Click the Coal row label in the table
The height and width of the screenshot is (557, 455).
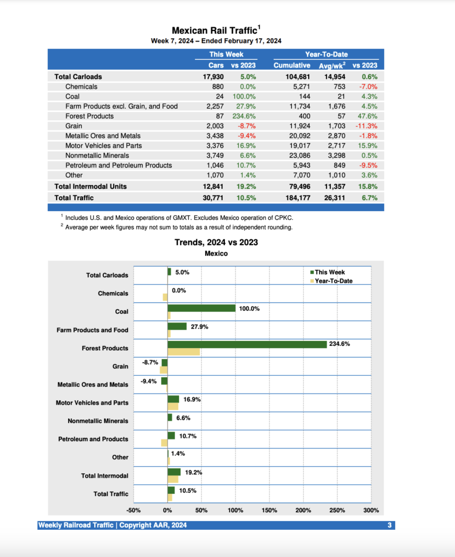point(72,96)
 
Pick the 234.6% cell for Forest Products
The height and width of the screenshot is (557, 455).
point(244,116)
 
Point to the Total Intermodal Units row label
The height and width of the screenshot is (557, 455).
point(90,186)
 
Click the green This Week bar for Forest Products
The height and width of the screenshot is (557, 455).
point(247,344)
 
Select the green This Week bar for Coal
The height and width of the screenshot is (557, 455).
point(201,308)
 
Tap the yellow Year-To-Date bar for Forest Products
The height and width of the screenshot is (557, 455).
point(183,352)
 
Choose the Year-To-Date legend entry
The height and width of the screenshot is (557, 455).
point(333,281)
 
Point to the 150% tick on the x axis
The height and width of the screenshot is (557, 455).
point(269,510)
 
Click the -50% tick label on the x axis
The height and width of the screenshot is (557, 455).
point(133,510)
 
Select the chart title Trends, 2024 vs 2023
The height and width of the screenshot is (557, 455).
point(216,242)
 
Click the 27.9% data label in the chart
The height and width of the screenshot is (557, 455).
point(199,326)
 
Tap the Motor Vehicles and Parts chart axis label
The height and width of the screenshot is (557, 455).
point(92,403)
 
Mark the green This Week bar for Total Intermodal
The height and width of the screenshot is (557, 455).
point(174,472)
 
